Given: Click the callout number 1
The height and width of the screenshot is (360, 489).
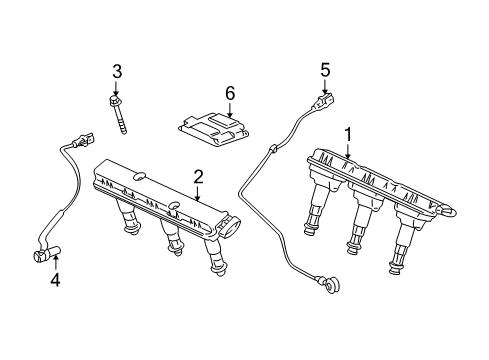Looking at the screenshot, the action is tap(348, 135).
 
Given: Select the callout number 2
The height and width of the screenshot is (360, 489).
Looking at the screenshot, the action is tap(198, 177).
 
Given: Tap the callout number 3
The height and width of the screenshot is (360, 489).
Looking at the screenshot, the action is tap(117, 72).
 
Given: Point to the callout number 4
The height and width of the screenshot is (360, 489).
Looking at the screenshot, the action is tap(55, 280).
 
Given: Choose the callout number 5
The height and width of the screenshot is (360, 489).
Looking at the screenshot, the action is tap(325, 70).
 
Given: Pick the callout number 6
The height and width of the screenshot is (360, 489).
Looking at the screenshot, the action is tap(230, 93).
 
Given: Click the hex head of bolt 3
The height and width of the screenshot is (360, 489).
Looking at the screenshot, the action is tap(114, 100).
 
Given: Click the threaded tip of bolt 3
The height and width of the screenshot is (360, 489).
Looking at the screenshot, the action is tap(124, 133).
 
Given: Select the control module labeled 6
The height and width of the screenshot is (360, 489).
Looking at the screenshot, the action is tap(213, 130).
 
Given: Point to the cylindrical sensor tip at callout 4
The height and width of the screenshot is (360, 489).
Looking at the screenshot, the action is tap(47, 254).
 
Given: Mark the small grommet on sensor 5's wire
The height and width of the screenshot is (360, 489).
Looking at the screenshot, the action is tap(274, 148).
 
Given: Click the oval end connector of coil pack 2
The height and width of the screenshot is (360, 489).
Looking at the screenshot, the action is tap(230, 227).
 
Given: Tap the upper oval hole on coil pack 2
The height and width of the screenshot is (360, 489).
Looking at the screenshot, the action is tap(139, 177).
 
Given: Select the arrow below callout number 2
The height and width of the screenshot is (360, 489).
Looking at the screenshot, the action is tap(198, 193).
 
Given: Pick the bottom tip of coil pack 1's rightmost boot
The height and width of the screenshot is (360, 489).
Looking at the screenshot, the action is tap(394, 270).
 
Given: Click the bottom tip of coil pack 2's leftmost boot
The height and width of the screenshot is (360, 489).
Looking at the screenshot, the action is tap(132, 231).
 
